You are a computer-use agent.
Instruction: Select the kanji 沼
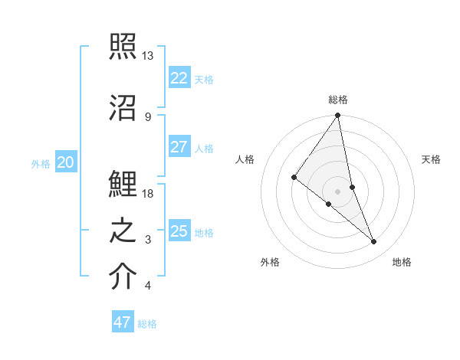[x=123, y=106]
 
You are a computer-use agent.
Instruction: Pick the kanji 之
[x=123, y=231]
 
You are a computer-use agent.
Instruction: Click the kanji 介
[x=123, y=277]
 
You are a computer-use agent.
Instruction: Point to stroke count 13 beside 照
[x=148, y=56]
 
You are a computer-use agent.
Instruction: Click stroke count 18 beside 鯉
[x=148, y=194]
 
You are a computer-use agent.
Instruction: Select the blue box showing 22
[x=179, y=77]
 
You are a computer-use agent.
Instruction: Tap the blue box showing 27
[x=179, y=147]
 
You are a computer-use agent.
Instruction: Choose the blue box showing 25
[x=179, y=231]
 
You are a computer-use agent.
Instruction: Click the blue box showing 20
[x=66, y=162]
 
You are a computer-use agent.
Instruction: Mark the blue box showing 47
[x=122, y=322]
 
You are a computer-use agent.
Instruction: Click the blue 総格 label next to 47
[x=147, y=324]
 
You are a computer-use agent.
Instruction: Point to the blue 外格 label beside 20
[x=41, y=163]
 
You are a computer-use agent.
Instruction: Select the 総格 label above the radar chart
[x=338, y=100]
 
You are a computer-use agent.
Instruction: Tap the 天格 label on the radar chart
[x=431, y=159]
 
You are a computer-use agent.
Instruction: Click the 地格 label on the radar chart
[x=402, y=262]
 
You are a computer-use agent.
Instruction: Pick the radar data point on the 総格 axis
[x=337, y=116]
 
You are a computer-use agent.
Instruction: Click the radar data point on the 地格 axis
[x=374, y=242]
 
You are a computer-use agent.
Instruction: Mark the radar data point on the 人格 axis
[x=294, y=177]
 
